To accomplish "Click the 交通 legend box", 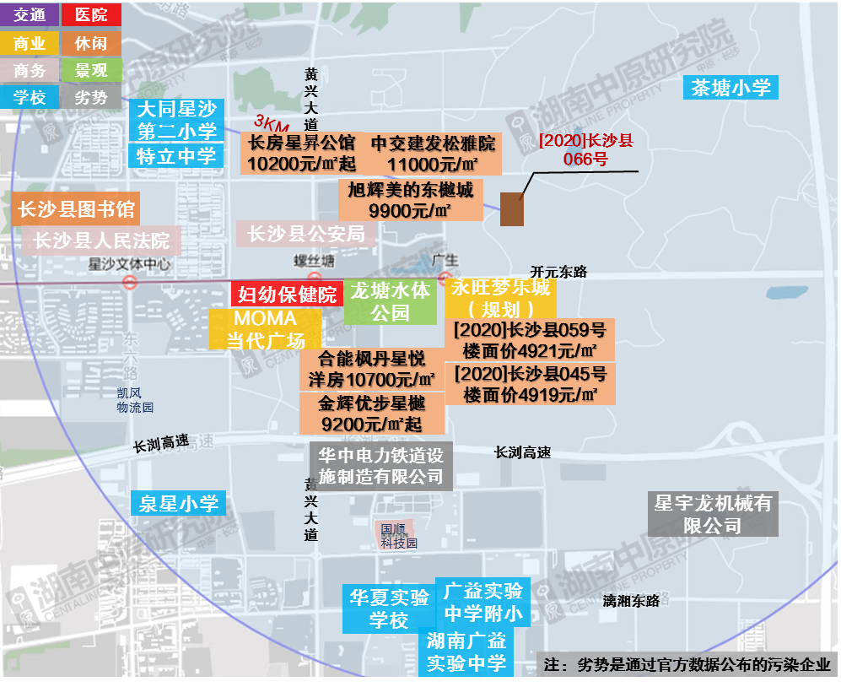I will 30,14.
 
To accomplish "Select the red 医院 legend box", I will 91,14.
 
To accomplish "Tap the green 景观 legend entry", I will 91,70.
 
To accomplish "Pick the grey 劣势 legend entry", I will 91,98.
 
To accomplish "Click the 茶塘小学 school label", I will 730,87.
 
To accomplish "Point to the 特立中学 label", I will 176,155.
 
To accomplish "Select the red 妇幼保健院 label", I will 287,294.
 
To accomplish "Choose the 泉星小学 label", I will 178,504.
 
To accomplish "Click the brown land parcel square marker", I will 512,208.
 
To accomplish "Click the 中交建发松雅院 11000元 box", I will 434,153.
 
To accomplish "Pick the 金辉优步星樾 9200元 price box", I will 371,414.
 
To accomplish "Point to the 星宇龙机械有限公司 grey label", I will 713,514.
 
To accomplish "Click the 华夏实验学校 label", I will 389,609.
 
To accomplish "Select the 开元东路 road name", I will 558,272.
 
